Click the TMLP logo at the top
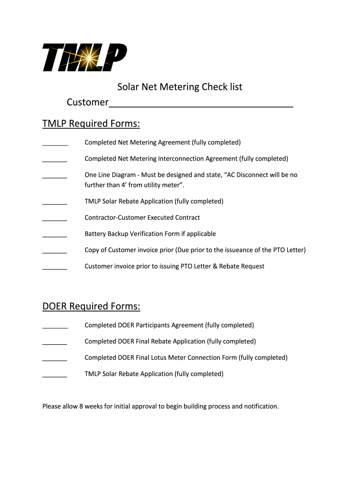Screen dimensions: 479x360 click(84, 57)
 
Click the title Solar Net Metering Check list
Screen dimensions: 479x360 click(180, 87)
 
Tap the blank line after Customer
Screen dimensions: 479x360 click(201, 104)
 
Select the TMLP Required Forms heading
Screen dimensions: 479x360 click(91, 124)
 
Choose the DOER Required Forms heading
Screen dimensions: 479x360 click(91, 306)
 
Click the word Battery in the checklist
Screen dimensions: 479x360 click(95, 234)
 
